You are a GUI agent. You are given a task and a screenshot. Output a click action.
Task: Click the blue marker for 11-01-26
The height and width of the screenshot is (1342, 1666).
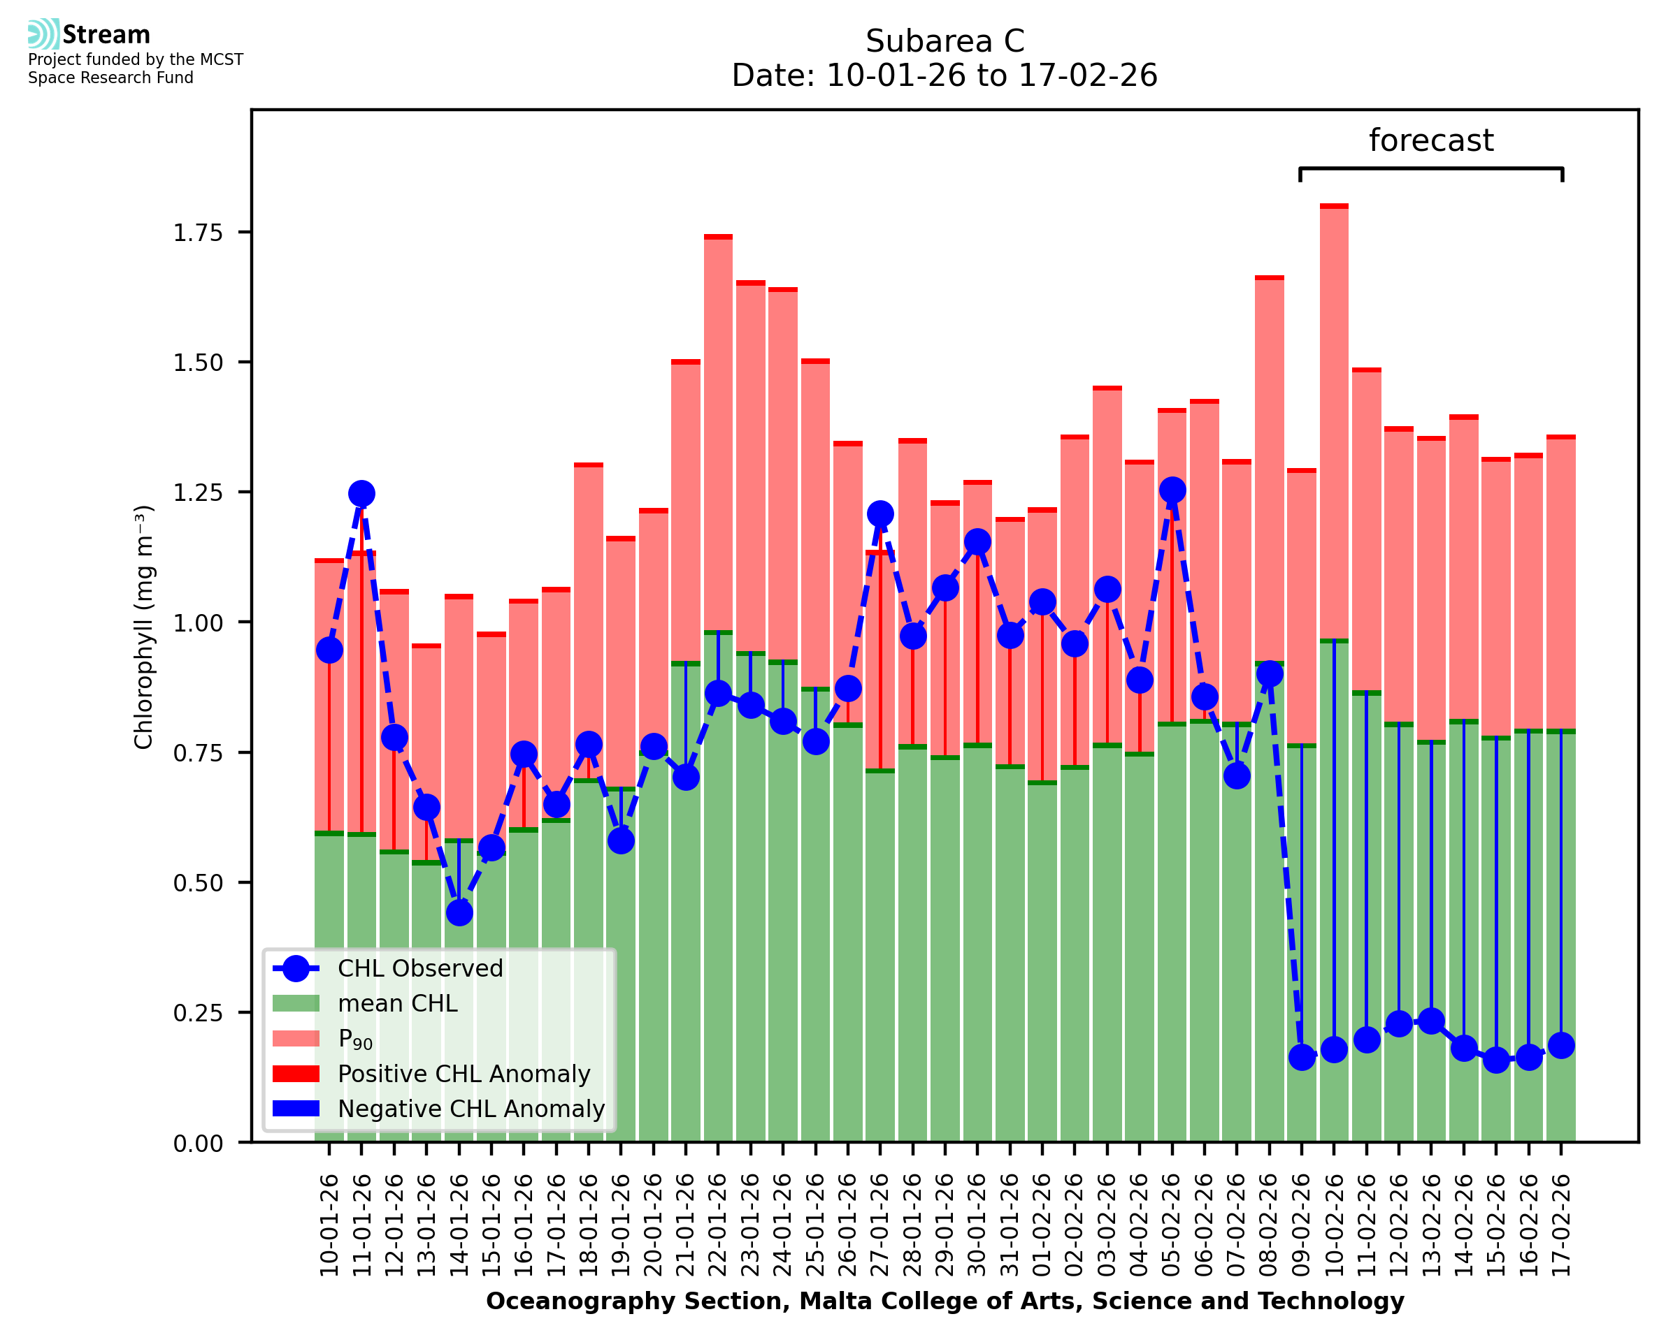tap(361, 493)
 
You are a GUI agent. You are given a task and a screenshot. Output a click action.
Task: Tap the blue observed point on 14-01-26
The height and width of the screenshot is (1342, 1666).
tap(459, 913)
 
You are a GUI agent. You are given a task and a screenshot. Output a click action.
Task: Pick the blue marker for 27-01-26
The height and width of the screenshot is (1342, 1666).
tap(880, 513)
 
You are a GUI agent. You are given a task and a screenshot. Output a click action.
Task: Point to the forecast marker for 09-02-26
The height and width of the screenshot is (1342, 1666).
tap(1302, 1057)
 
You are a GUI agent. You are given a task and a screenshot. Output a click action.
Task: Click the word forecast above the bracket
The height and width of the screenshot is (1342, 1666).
tap(1431, 140)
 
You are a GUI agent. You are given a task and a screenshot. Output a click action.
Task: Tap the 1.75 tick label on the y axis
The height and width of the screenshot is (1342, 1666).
tap(197, 233)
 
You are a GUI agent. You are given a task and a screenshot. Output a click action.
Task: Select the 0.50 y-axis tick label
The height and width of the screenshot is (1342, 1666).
tap(197, 883)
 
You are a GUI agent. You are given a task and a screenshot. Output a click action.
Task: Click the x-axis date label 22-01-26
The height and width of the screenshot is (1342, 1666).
tap(718, 1225)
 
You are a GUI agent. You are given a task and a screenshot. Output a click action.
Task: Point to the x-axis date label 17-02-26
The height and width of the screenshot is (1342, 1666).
tap(1561, 1225)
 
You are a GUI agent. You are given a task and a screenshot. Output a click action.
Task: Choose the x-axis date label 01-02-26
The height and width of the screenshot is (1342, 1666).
tap(1042, 1225)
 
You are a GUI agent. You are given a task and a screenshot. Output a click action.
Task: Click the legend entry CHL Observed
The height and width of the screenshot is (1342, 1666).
tap(420, 969)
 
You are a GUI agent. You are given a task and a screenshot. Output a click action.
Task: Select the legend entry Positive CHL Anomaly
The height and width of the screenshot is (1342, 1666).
tap(464, 1074)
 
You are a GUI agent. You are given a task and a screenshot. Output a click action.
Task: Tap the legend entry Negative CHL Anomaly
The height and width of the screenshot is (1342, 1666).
tap(471, 1109)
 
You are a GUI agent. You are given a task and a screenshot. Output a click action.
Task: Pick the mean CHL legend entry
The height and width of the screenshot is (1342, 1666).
tap(398, 1003)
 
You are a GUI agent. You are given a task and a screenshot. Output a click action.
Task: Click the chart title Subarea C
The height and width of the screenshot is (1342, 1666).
tap(945, 41)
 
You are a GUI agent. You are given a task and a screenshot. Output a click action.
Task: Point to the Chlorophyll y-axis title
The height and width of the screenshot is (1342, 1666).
tap(144, 627)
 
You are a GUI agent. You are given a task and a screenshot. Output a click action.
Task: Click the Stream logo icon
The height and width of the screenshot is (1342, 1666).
tap(43, 34)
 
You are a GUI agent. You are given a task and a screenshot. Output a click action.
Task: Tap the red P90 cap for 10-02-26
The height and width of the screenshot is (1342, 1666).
tap(1334, 206)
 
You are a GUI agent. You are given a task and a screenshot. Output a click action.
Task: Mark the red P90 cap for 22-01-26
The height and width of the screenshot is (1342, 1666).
tap(718, 238)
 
